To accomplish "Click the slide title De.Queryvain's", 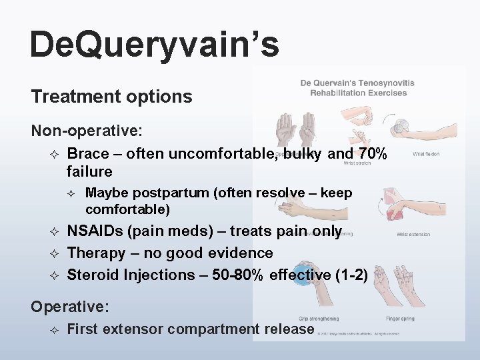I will (x=154, y=45).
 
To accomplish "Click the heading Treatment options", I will (x=111, y=97).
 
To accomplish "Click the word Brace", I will (x=88, y=153).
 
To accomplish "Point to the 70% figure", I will (x=372, y=153).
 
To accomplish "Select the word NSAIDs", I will (x=97, y=231).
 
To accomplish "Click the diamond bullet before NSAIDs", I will (x=55, y=232).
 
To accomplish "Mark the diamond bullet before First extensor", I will (x=55, y=329).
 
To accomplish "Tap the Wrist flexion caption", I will (x=426, y=154).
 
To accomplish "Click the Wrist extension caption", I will (x=413, y=235).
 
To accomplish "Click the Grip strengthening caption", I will (x=319, y=319).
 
